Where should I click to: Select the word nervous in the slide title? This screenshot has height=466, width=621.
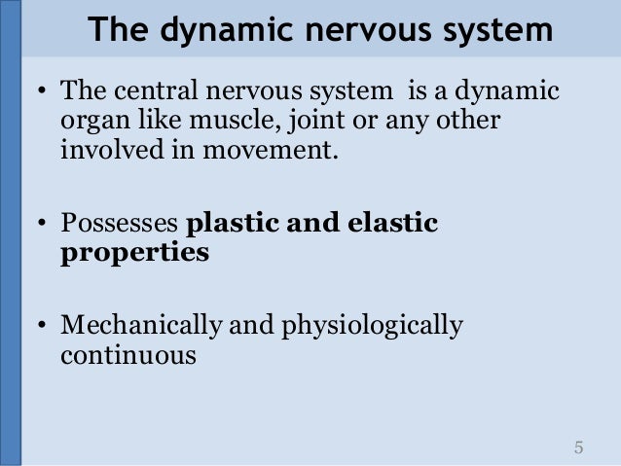pyautogui.click(x=347, y=32)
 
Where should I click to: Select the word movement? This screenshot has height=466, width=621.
pyautogui.click(x=265, y=154)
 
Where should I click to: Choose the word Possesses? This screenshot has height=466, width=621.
pyautogui.click(x=119, y=225)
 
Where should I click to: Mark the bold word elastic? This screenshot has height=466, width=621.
pyautogui.click(x=392, y=223)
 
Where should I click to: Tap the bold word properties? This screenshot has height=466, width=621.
pyautogui.click(x=134, y=255)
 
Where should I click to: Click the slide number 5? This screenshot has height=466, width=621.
pyautogui.click(x=579, y=448)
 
